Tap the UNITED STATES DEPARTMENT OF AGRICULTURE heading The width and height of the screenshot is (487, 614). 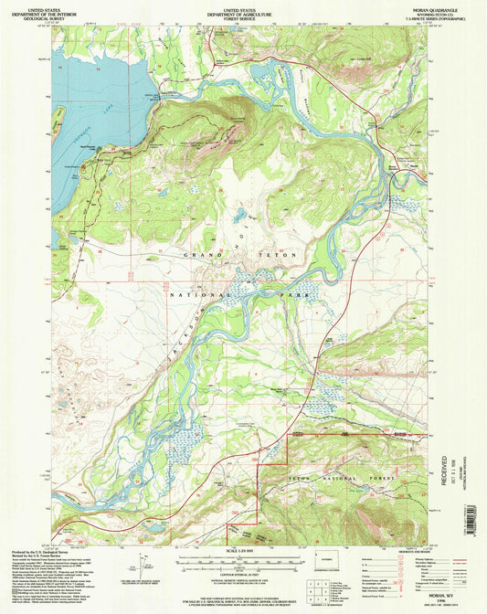[242, 12]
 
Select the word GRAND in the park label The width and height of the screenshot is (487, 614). [202, 253]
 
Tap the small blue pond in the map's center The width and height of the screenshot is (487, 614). [239, 217]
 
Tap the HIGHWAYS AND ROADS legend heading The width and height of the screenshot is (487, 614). [396, 549]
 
